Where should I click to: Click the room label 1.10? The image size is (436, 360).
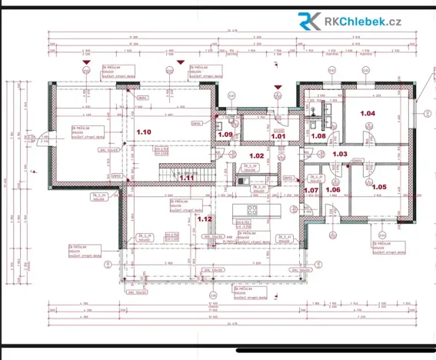click(144, 133)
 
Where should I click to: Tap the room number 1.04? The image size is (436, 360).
click(367, 114)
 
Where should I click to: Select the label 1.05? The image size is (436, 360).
click(378, 187)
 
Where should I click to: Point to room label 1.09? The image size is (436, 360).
click(225, 135)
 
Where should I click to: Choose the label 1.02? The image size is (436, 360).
click(257, 156)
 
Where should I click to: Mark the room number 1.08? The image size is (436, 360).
click(318, 136)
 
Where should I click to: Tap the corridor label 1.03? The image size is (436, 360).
click(340, 155)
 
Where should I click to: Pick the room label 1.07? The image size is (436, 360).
click(311, 189)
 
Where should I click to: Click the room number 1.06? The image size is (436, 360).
click(333, 189)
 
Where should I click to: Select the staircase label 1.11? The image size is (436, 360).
click(187, 178)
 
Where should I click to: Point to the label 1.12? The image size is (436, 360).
click(205, 219)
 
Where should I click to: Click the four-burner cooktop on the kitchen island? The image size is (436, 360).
click(251, 209)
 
